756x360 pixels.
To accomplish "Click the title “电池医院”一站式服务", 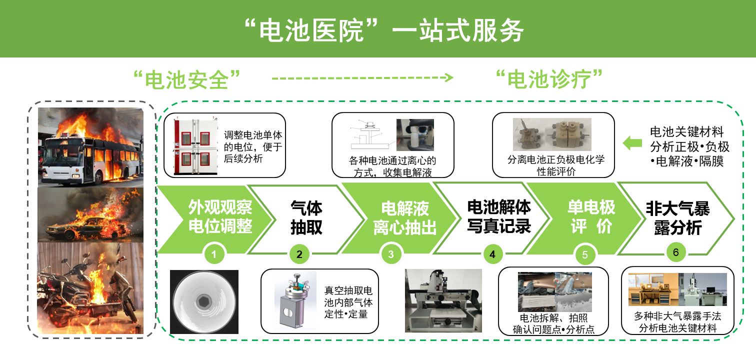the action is pos(384,30).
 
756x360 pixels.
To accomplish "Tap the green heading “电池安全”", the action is pos(186,79).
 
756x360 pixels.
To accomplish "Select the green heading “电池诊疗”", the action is pos(549,79).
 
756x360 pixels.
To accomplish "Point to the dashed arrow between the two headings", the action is pos(362,78).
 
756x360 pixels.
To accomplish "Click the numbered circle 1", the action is pos(214,254).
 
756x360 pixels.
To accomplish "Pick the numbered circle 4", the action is pos(492,254).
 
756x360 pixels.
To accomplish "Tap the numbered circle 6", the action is pos(675,252).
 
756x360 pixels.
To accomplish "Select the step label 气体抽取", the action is pos(306,217).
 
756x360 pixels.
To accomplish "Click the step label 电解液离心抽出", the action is pos(405,218).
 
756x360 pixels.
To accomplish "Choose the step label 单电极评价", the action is pos(591,216).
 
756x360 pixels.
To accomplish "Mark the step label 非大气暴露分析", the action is pos(677,218).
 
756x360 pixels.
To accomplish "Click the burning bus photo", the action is pos(90,147).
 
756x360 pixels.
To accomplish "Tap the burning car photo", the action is pos(90,215).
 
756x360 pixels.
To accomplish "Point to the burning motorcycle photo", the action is pos(90,288).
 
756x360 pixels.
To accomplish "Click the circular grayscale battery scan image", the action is pos(204,302).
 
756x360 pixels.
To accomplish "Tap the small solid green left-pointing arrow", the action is pos(632,143).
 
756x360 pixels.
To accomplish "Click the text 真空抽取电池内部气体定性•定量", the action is pos(348,302).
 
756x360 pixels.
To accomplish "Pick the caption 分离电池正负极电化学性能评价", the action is pos(556,165).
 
